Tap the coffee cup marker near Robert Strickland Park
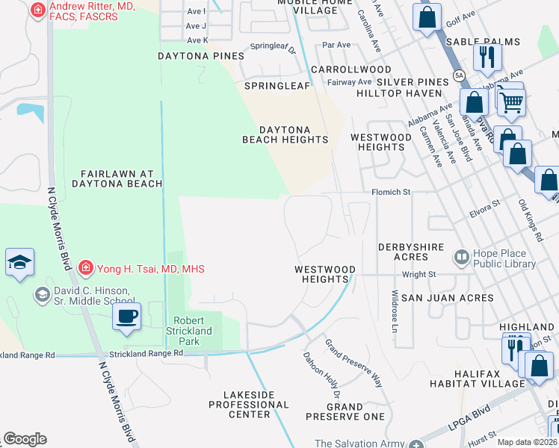pyautogui.click(x=126, y=315)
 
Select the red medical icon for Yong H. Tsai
pyautogui.click(x=86, y=267)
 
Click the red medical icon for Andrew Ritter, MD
pyautogui.click(x=37, y=10)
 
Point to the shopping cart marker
pyautogui.click(x=511, y=102)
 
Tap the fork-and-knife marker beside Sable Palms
pyautogui.click(x=487, y=56)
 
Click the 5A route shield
pyautogui.click(x=458, y=76)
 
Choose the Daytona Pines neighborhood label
pyautogui.click(x=201, y=56)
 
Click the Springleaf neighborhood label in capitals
pyautogui.click(x=277, y=86)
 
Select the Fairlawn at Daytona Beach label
pyautogui.click(x=117, y=178)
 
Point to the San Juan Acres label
pyautogui.click(x=447, y=298)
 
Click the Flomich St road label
pyautogui.click(x=392, y=193)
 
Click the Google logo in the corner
pyautogui.click(x=25, y=438)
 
